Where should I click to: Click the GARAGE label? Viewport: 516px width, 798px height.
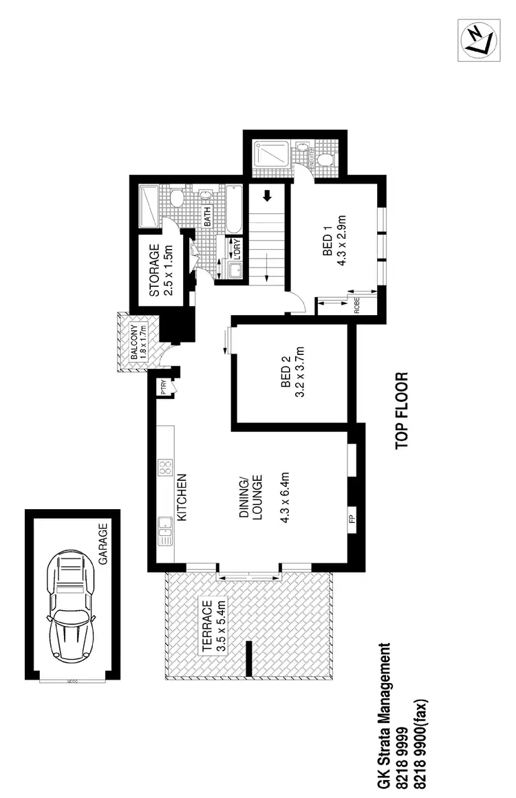[104, 545]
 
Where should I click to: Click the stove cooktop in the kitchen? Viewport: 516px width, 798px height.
[165, 468]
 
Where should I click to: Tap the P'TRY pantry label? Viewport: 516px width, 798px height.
[164, 388]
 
